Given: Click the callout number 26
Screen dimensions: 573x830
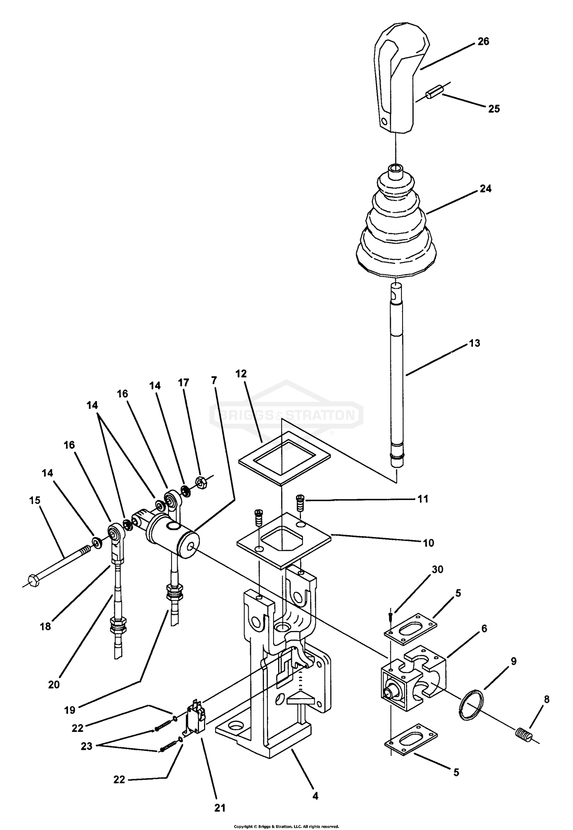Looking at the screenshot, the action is tap(483, 42).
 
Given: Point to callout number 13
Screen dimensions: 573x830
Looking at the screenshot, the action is tap(474, 343).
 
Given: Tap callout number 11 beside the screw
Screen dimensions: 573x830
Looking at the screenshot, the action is tap(422, 499).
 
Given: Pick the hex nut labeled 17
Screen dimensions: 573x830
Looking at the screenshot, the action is tap(201, 483).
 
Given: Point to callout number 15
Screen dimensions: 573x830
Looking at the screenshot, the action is tap(35, 500).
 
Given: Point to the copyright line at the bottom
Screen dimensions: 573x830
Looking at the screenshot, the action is tap(286, 825).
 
